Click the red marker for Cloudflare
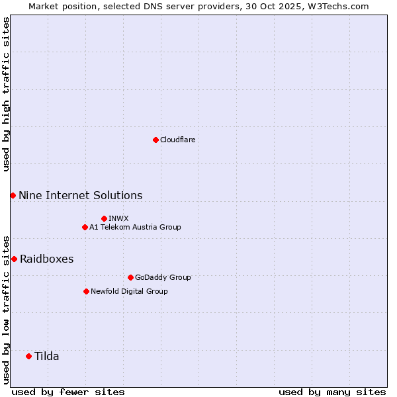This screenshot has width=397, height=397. [155, 140]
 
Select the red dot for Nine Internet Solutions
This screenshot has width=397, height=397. [13, 195]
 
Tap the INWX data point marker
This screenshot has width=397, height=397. [104, 218]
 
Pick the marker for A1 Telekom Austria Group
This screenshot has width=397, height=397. [85, 227]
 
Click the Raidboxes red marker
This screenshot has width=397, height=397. [14, 259]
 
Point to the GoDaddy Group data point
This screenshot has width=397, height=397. [130, 277]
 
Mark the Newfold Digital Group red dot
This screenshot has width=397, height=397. [86, 291]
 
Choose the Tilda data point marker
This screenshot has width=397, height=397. [28, 356]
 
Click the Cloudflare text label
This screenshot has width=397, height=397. [177, 140]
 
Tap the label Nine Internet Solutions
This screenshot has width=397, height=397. [80, 195]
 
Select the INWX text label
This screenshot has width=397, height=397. [118, 218]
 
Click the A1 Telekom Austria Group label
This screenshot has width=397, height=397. [135, 227]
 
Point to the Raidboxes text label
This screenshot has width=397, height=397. [46, 259]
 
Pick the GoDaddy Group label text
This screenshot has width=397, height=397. [163, 277]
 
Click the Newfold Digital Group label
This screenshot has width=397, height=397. [129, 291]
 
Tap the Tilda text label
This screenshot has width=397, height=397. [46, 356]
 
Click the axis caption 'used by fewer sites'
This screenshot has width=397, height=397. [68, 392]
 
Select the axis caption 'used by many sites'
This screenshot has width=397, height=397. [332, 392]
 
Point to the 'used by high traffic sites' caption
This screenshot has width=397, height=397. [6, 94]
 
